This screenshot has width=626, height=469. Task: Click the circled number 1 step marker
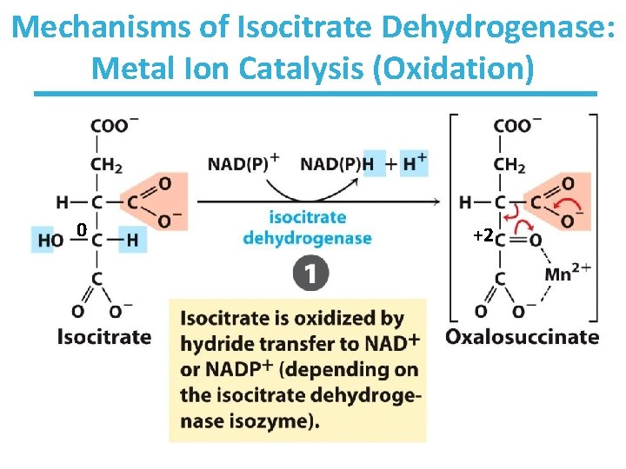311,275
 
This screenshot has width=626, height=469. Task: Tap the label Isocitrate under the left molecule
103,336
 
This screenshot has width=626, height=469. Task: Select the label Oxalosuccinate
523,336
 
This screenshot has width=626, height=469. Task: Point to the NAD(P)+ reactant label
243,162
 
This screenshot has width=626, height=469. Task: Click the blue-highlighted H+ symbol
414,162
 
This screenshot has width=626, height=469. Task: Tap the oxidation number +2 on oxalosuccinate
483,235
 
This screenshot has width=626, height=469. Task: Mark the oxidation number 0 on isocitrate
80,230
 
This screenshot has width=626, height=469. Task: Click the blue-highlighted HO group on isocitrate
48,241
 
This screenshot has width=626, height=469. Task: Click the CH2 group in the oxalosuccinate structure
509,164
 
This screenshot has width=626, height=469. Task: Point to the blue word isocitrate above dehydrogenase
308,217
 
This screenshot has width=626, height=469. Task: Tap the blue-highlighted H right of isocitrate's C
132,241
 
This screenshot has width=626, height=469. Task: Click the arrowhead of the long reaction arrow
436,201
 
